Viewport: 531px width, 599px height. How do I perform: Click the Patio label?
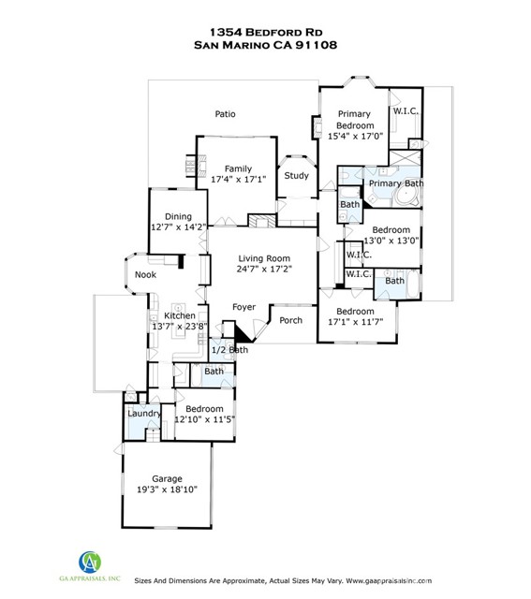tap(225, 114)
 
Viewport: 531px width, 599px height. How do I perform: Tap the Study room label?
tap(296, 176)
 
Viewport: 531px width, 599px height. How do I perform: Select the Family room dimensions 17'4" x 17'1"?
tap(239, 179)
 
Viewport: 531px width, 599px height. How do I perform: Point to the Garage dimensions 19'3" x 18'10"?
tap(167, 489)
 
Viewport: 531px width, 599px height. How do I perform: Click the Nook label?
tap(146, 274)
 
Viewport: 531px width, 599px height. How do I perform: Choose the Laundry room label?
tap(144, 414)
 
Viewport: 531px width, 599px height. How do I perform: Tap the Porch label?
tap(290, 320)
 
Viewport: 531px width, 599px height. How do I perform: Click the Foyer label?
tap(243, 307)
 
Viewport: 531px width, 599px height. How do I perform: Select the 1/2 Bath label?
tap(229, 349)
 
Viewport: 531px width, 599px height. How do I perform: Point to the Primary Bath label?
tap(396, 183)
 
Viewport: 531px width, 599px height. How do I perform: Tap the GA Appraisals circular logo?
tap(90, 562)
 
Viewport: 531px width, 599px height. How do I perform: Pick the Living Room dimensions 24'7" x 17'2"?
tap(264, 269)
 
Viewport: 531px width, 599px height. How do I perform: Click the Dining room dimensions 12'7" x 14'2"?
tap(179, 227)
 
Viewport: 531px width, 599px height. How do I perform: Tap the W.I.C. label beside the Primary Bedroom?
tap(406, 111)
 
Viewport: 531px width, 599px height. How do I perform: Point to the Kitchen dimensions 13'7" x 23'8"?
tap(180, 327)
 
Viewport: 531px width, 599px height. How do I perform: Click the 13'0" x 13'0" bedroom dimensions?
tap(391, 241)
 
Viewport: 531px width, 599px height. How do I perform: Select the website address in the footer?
tap(389, 580)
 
